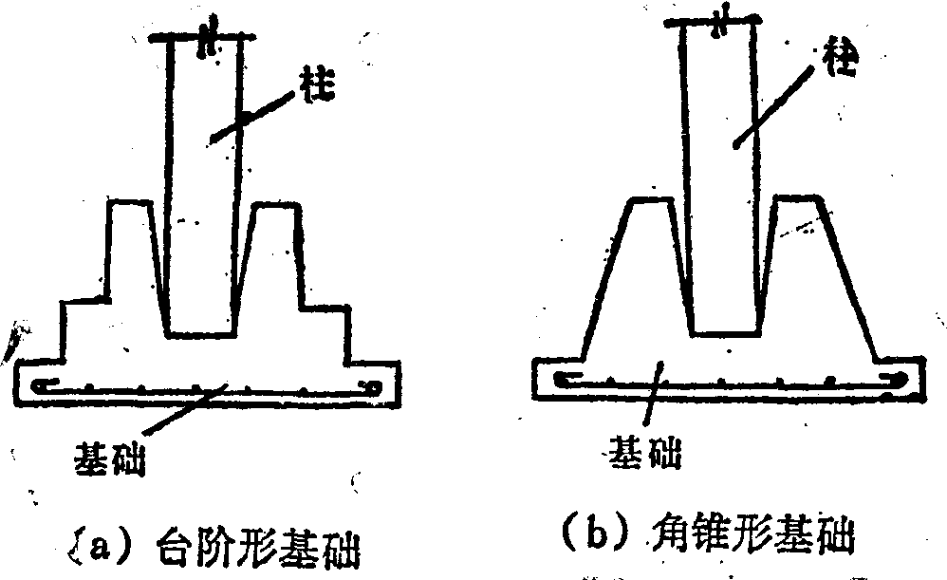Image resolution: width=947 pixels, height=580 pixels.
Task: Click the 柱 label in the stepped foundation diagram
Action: click(317, 85)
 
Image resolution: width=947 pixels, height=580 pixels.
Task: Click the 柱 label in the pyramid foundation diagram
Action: click(841, 59)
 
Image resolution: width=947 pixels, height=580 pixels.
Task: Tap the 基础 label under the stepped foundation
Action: click(109, 459)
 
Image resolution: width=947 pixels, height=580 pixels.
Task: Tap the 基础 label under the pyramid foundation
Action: click(644, 452)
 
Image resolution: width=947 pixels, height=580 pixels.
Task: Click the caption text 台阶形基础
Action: click(258, 536)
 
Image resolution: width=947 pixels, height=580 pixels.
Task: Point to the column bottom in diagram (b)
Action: click(725, 332)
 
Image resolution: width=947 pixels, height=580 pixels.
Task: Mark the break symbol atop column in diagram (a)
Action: click(207, 39)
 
